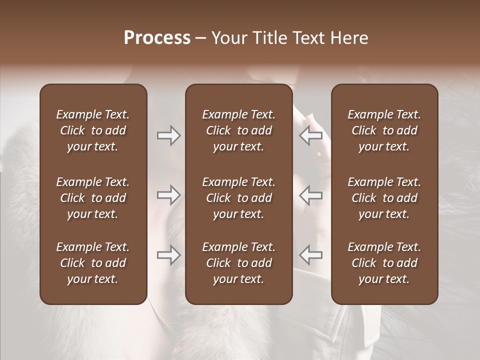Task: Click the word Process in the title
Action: (x=157, y=38)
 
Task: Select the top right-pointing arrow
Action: (x=168, y=135)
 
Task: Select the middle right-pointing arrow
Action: (x=168, y=195)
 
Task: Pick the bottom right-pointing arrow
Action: (x=168, y=255)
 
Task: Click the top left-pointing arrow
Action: (x=311, y=135)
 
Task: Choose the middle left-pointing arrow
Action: (x=311, y=195)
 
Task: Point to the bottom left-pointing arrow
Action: (x=311, y=255)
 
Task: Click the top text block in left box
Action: (x=93, y=130)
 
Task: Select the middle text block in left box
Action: (x=93, y=198)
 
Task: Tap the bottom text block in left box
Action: (x=93, y=263)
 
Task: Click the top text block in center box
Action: (x=239, y=130)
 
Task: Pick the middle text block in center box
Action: (x=239, y=198)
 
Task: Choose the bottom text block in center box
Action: (x=239, y=263)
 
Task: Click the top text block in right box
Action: (x=384, y=130)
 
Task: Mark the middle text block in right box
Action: (x=384, y=198)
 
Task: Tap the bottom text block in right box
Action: (x=384, y=263)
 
